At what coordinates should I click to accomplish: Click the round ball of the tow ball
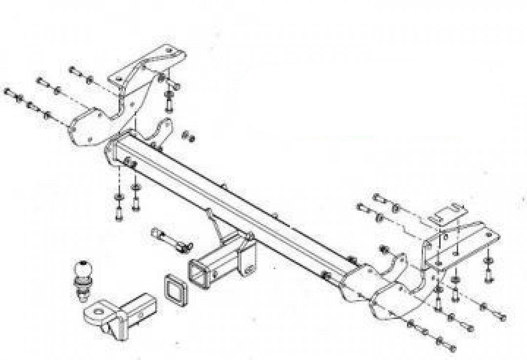82,269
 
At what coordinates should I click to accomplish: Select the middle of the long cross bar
234,205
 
